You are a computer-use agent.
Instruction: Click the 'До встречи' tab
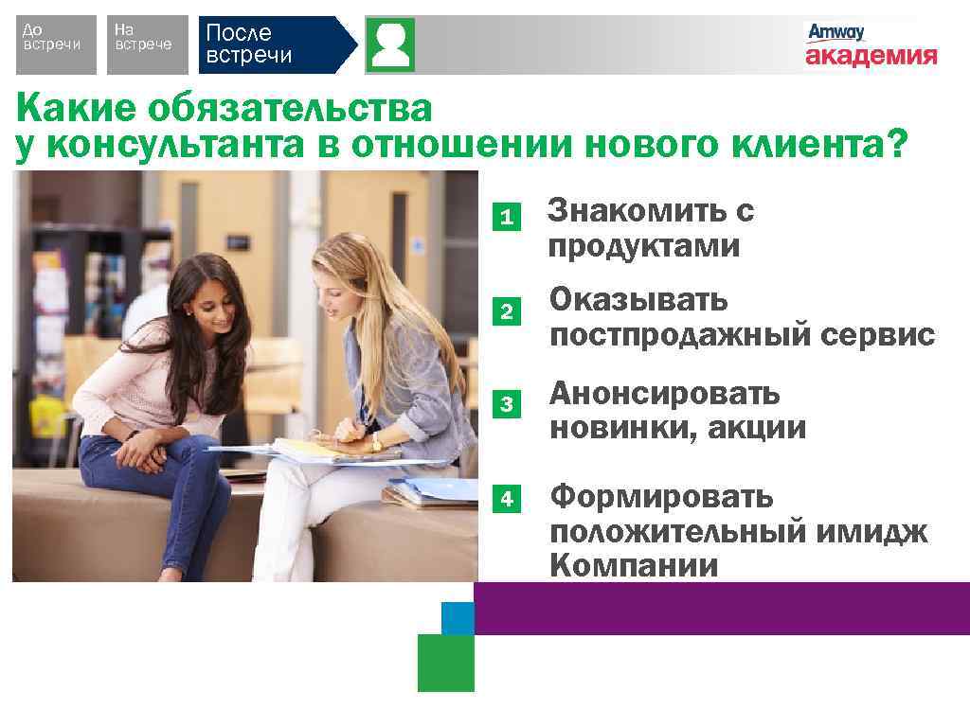(56, 44)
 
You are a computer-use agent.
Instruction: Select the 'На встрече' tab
(145, 44)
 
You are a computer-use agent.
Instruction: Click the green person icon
(390, 44)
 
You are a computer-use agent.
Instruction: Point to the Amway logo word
(835, 32)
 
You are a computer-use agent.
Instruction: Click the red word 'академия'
(871, 56)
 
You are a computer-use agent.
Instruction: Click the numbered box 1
(508, 217)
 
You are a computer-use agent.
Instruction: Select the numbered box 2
(508, 310)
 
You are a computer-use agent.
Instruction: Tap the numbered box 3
(508, 404)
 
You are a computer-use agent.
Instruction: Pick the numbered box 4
(508, 498)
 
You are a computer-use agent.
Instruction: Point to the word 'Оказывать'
(639, 301)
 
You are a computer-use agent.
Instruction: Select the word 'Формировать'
(661, 495)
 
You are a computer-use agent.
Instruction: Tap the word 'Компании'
(634, 566)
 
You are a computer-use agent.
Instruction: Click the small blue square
(458, 617)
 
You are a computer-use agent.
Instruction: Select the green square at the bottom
(445, 663)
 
